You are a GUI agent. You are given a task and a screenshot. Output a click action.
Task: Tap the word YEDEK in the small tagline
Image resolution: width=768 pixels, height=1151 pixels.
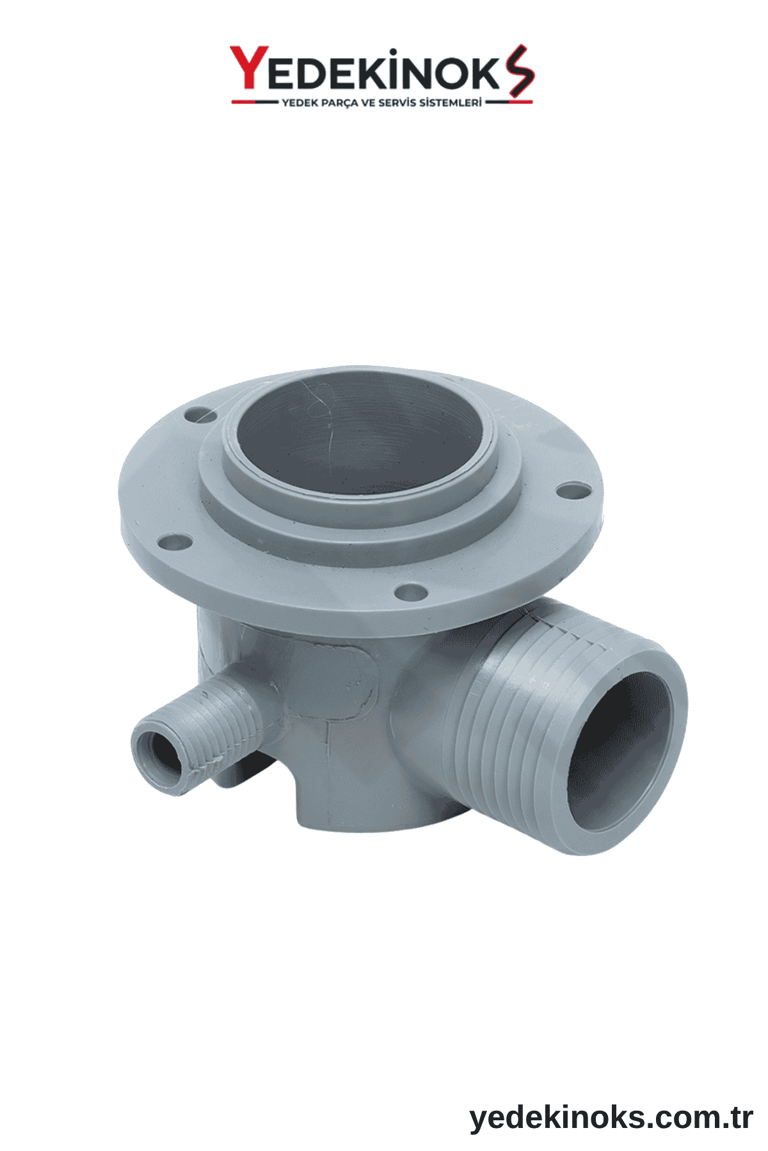(298, 103)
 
